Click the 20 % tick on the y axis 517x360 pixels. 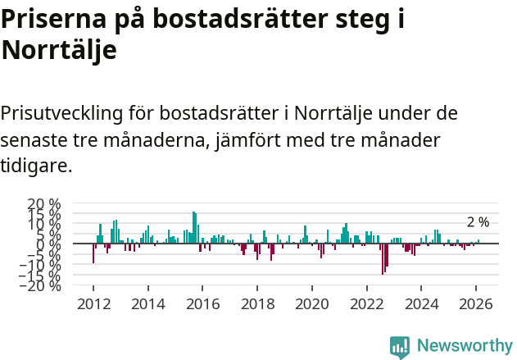(43, 203)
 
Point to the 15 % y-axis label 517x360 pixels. (43, 214)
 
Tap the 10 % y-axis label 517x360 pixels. (43, 224)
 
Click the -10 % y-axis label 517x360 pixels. (40, 265)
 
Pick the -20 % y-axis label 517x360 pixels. (40, 285)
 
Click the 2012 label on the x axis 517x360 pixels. (93, 303)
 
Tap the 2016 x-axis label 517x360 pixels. (202, 303)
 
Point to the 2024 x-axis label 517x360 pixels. (422, 303)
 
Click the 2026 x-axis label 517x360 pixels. (477, 303)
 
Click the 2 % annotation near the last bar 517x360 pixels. (478, 222)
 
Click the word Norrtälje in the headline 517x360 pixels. (59, 50)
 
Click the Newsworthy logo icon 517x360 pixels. (400, 346)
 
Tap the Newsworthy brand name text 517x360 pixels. (464, 346)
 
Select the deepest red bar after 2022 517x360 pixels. (383, 259)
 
